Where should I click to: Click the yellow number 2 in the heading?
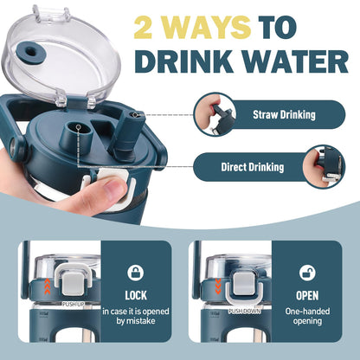pos(144,28)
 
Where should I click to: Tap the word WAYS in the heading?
pos(205,28)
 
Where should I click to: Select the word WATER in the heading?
pos(295,61)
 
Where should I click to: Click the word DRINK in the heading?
pos(184,61)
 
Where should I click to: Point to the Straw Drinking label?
pos(284,115)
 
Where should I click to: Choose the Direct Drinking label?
pos(253,167)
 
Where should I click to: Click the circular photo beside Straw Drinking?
pos(215,114)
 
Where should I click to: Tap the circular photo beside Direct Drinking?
pos(324,167)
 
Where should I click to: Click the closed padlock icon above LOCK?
pos(136,273)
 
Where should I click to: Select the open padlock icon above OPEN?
pos(307,273)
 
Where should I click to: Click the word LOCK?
pos(136,296)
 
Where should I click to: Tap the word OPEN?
pos(307,296)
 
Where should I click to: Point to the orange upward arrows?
pos(48,286)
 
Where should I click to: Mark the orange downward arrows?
pos(218,286)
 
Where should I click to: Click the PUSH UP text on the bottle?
pos(74,304)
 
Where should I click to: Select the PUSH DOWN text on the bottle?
pos(245,312)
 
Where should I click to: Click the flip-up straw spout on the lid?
pos(125,133)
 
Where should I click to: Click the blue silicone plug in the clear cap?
pos(29,52)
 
